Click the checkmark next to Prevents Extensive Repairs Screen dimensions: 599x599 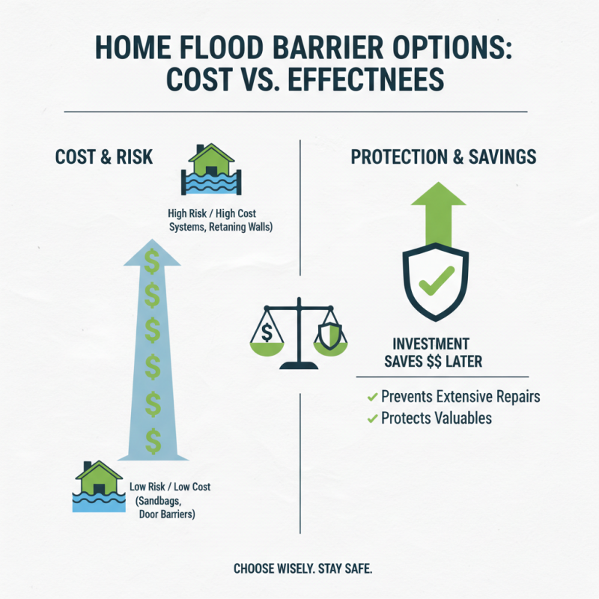[371, 396]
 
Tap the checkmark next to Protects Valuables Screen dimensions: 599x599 [371, 419]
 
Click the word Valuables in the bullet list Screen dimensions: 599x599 [460, 418]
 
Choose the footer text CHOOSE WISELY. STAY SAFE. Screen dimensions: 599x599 [302, 568]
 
